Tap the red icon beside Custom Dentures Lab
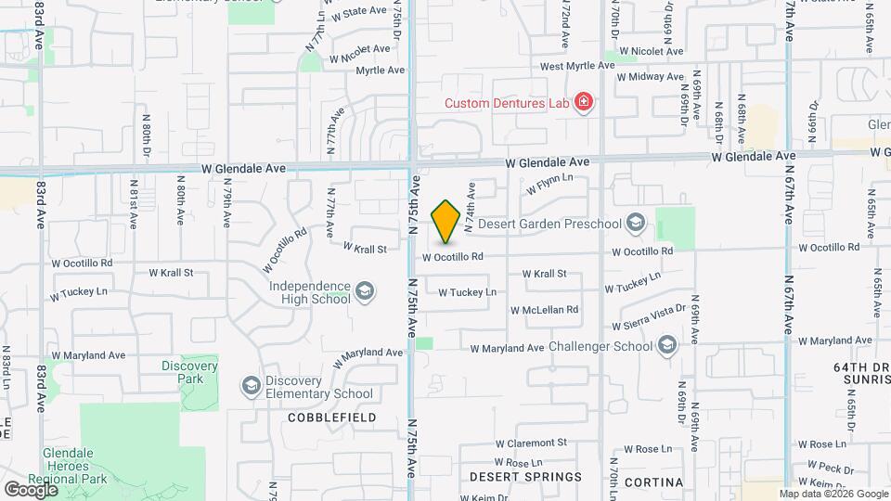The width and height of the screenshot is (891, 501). [x=584, y=102]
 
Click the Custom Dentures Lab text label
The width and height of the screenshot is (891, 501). [x=506, y=103]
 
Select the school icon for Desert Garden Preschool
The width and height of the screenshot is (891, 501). [x=636, y=223]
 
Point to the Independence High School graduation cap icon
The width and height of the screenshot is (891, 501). [x=365, y=292]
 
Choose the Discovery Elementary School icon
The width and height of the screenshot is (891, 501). [x=251, y=386]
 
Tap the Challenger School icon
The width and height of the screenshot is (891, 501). [x=666, y=347]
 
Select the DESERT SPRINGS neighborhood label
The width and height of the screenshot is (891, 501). [x=525, y=477]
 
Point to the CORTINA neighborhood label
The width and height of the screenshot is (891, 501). [x=653, y=482]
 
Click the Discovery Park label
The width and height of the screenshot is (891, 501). [x=188, y=372]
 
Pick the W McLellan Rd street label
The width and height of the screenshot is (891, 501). [x=537, y=310]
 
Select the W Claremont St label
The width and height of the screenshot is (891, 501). [x=531, y=444]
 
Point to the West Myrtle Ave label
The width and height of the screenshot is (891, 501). [x=577, y=66]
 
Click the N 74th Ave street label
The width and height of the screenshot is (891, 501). [x=470, y=206]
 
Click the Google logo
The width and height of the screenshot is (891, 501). [x=31, y=489]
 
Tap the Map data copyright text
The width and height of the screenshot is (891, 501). [x=833, y=494]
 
